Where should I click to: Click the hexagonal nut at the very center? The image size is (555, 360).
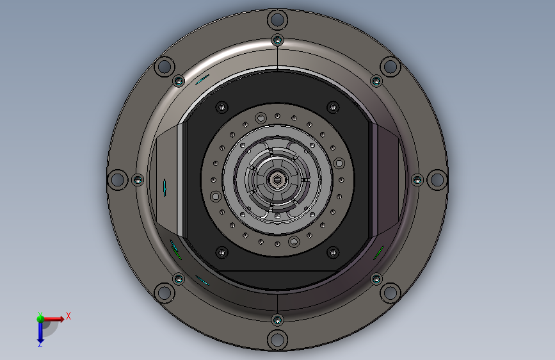coord(277,180)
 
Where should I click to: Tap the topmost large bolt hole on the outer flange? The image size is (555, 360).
coord(277,19)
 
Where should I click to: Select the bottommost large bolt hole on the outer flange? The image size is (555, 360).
coord(277,340)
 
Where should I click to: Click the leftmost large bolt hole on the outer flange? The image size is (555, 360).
coord(117,179)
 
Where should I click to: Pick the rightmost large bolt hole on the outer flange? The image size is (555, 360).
coord(436,180)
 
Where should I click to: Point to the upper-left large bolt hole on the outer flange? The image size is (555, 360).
coord(165,66)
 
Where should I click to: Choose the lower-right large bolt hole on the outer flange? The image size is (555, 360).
coord(389,293)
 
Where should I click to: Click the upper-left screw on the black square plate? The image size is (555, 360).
coord(222,107)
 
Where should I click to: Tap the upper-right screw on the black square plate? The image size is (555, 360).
coord(332,107)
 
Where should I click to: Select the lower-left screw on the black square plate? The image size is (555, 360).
coord(222,252)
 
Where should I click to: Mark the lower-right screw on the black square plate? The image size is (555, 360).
coord(332,252)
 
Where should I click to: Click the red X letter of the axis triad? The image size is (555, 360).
coord(68,315)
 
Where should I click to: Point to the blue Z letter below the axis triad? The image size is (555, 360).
coord(40,344)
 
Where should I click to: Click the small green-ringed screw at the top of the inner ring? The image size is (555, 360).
coord(277,40)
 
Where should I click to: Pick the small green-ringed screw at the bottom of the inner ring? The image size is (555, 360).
coord(277,319)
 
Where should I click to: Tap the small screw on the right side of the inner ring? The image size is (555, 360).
coord(416,180)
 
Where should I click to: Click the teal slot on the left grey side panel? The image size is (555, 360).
coord(165,186)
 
